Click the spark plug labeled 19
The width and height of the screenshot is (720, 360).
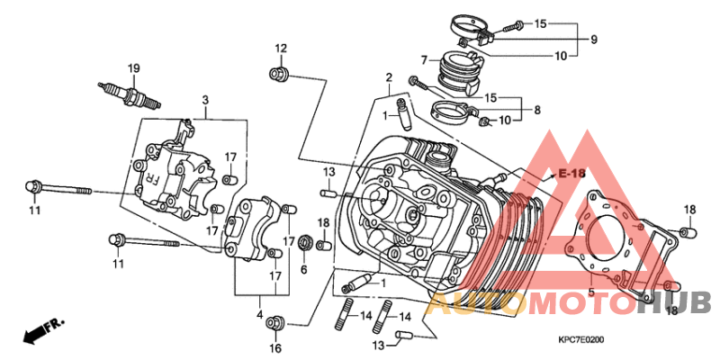129,95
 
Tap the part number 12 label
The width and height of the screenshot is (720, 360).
281,49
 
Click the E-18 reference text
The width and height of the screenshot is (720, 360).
572,174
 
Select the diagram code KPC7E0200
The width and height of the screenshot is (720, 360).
580,340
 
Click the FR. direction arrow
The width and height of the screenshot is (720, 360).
43,331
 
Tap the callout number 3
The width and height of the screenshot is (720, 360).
205,100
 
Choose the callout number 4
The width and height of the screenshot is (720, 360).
259,315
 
